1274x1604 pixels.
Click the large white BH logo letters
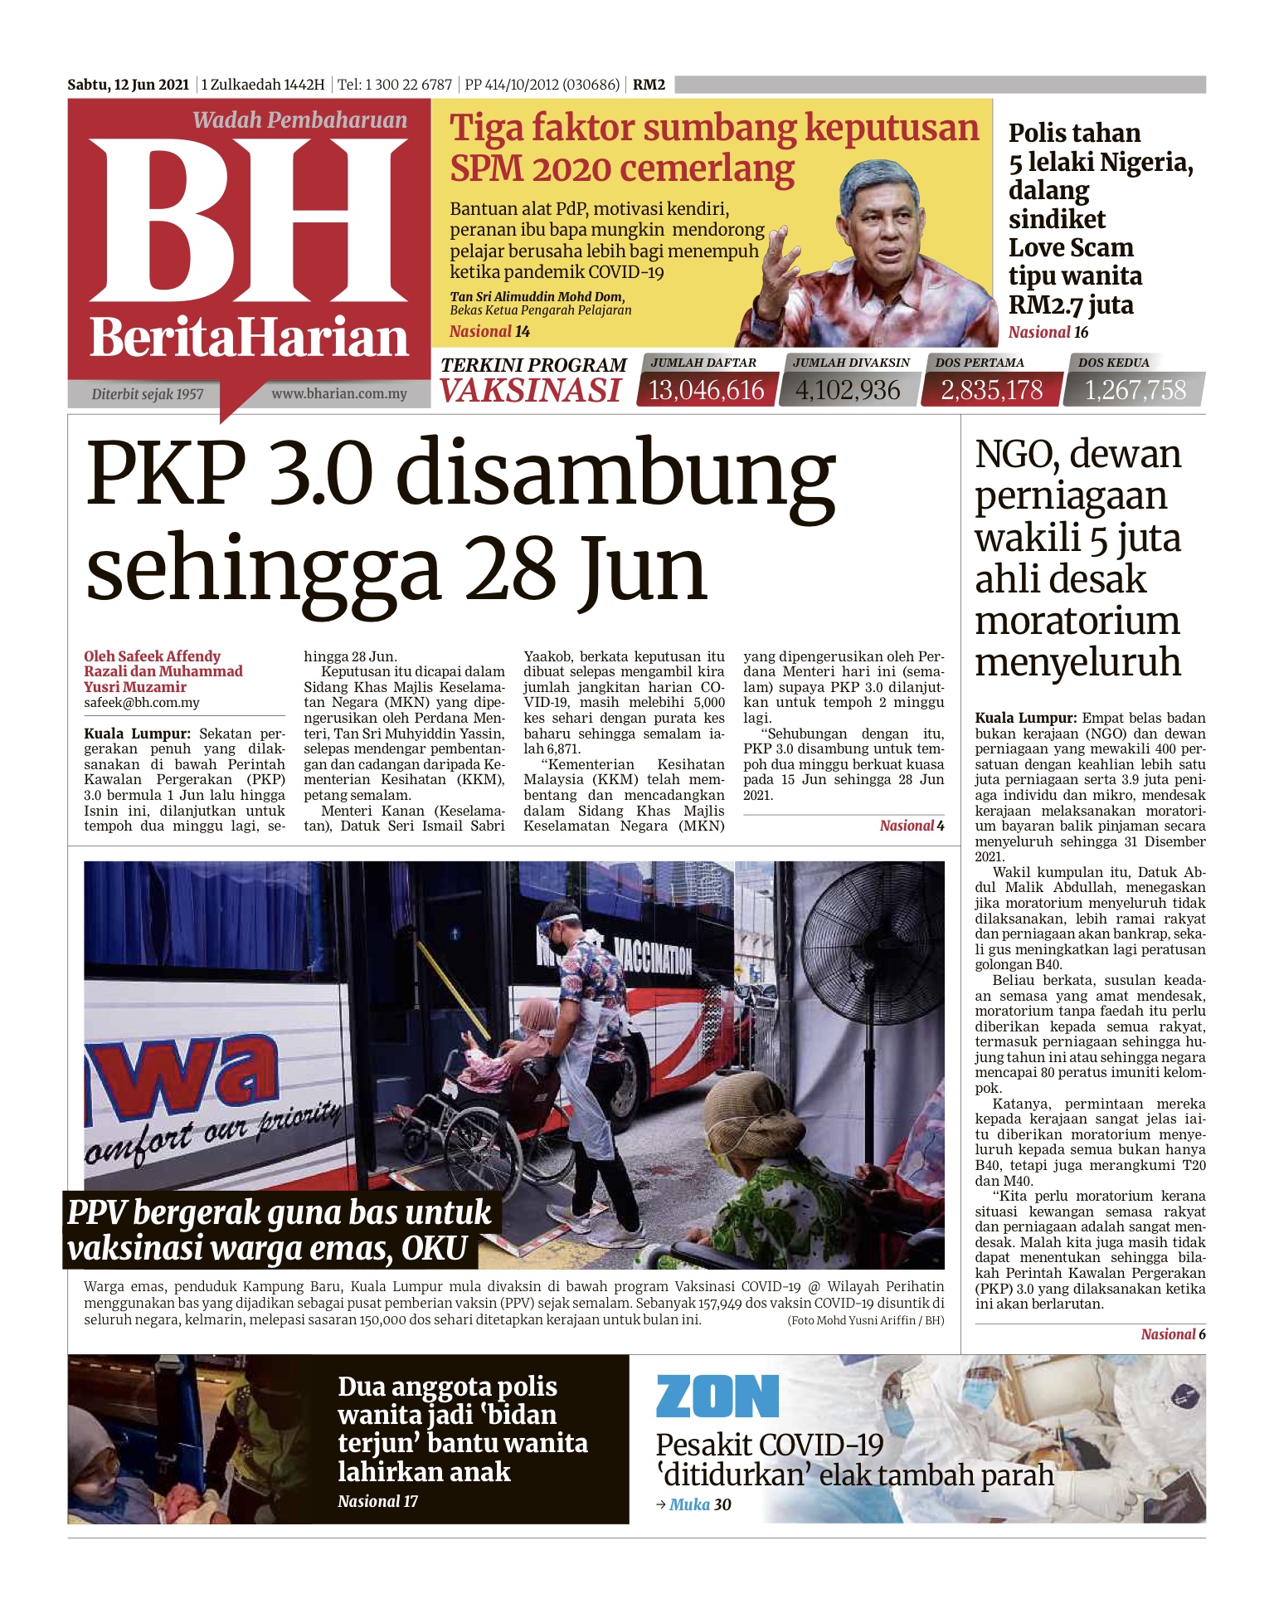point(249,220)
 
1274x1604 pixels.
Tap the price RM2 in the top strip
point(649,85)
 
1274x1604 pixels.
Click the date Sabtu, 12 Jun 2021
point(129,85)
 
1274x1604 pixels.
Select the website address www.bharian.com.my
point(339,393)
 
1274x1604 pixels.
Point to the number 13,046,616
point(706,390)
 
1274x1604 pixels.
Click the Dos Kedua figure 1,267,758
point(1135,390)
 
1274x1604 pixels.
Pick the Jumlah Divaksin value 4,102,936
point(848,390)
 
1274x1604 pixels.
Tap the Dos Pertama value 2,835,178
point(991,390)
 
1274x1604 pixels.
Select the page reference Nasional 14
point(489,332)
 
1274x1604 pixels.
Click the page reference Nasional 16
point(1048,333)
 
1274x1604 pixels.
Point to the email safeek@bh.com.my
point(142,703)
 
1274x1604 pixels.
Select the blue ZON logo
point(717,1397)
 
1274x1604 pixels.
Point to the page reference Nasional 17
point(377,1501)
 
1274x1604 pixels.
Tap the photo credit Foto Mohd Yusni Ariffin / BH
point(865,1320)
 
